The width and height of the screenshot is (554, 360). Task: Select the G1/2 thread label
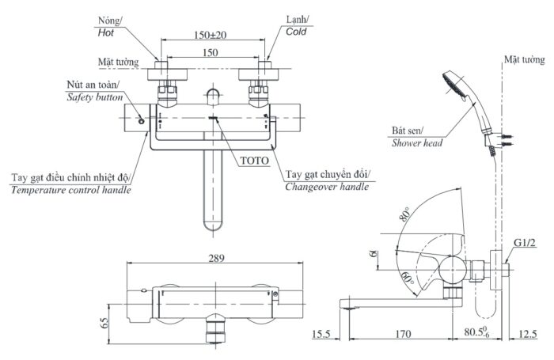(x=525, y=242)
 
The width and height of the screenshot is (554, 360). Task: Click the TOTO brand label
(x=255, y=159)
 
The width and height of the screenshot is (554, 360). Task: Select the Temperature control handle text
(x=71, y=191)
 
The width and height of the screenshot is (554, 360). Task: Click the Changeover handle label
(x=327, y=188)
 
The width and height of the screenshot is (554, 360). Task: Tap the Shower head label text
(x=416, y=143)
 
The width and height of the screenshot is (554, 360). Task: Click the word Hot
(x=106, y=34)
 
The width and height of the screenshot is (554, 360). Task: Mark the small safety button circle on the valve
(x=141, y=121)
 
